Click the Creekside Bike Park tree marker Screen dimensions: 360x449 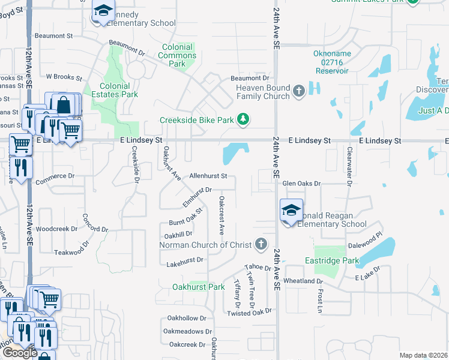243,119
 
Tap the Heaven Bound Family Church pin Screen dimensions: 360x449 299,91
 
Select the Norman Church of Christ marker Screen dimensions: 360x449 261,244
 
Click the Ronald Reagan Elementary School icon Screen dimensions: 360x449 291,211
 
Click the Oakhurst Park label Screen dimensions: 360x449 198,287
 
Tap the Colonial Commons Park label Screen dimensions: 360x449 177,55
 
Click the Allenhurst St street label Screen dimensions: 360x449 208,176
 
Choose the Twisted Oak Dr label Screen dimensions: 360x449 249,312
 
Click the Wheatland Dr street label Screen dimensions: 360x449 304,281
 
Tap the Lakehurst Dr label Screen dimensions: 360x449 182,260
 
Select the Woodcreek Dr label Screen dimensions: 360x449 57,229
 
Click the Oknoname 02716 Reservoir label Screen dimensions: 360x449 331,62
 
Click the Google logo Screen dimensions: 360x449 20,353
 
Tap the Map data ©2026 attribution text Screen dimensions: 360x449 423,355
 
